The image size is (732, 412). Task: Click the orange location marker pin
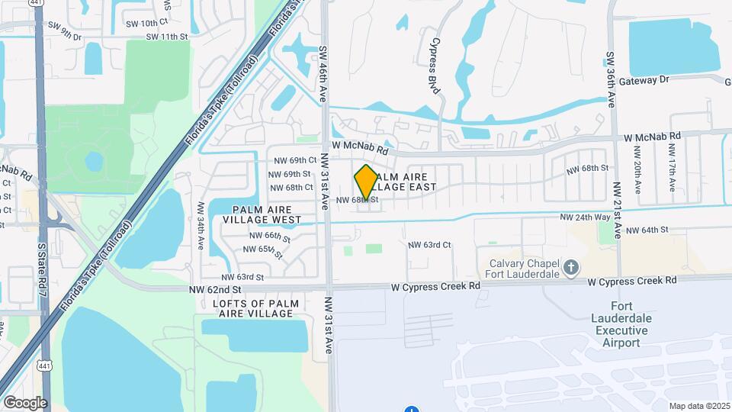point(366,182)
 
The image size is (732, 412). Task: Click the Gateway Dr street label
point(644,80)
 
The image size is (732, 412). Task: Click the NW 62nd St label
point(215,290)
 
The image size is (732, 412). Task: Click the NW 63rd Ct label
point(429,245)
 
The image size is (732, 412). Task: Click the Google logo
point(25,402)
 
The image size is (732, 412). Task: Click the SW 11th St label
point(166,37)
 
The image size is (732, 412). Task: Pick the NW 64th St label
point(646,230)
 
